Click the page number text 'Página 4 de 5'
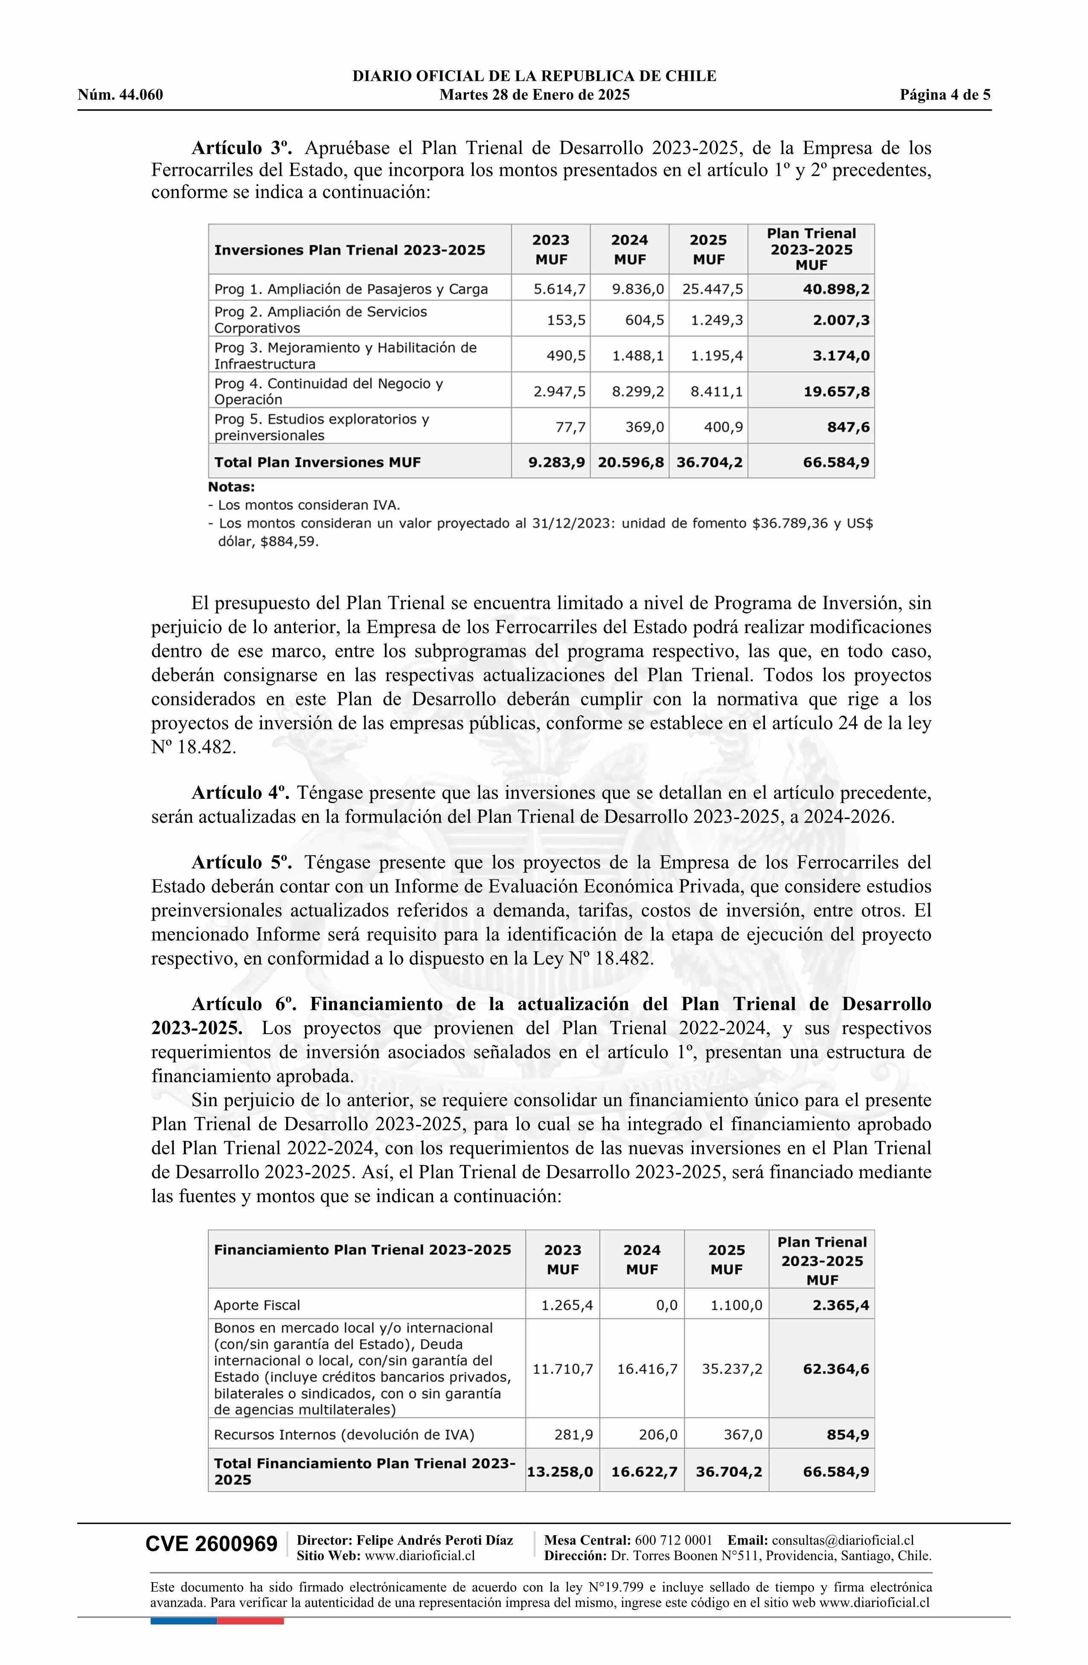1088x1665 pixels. point(945,95)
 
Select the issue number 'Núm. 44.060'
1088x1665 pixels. point(120,95)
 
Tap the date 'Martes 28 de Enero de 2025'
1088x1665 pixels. point(534,95)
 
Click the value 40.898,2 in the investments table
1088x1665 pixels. point(835,289)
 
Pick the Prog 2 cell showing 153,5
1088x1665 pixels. point(566,321)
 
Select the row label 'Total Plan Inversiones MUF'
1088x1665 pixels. point(317,462)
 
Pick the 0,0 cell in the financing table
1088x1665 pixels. point(666,1306)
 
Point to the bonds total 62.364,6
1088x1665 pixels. point(835,1369)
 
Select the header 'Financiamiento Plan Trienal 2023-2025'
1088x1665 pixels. point(362,1250)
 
